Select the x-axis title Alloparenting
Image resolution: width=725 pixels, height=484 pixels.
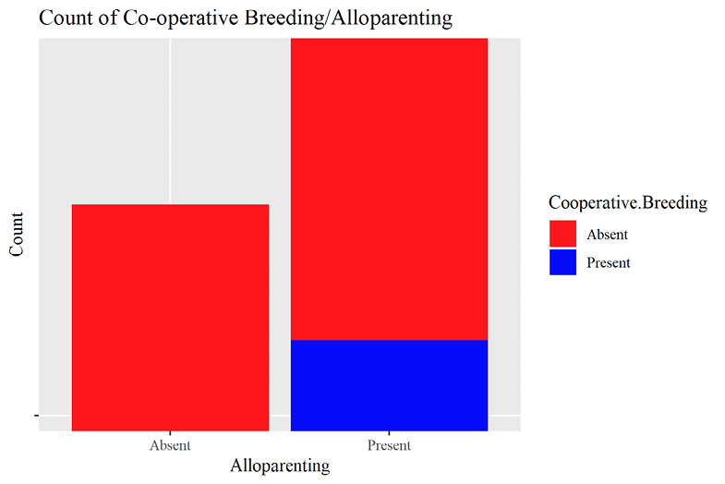[x=280, y=466]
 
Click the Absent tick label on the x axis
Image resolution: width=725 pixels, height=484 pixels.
[x=170, y=445]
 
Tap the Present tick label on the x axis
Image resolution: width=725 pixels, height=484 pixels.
[x=390, y=445]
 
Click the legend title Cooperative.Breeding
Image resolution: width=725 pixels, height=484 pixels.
[x=627, y=203]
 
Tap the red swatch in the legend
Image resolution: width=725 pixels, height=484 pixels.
[x=562, y=235]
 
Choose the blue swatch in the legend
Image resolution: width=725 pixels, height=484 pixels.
[x=562, y=262]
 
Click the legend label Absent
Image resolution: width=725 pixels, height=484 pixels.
[x=607, y=235]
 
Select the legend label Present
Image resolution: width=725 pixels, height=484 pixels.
[x=609, y=262]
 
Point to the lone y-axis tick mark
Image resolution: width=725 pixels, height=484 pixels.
[x=37, y=417]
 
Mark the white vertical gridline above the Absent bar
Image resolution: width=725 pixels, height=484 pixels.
[x=170, y=120]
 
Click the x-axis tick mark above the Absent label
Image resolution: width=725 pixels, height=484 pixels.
[x=170, y=433]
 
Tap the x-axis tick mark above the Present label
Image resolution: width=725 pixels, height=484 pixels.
[x=390, y=433]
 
